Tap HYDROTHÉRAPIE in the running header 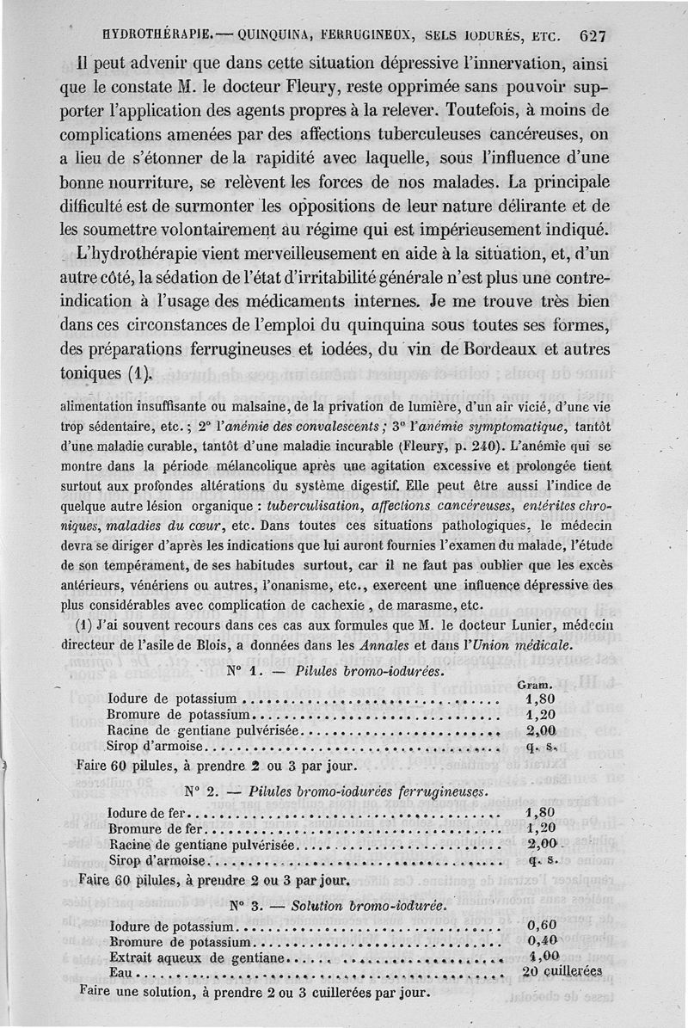pos(157,36)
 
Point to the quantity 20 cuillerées pos(562,971)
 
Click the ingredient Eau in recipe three pos(123,972)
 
